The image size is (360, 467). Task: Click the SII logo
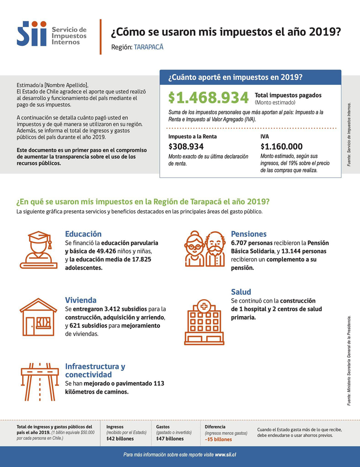[32, 33]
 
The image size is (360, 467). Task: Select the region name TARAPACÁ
[148, 47]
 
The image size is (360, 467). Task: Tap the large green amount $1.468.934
[208, 98]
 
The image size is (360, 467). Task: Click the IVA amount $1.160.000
[281, 147]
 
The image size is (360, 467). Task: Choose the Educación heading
[83, 234]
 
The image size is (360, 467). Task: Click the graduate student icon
[39, 250]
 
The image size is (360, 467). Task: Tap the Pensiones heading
[248, 234]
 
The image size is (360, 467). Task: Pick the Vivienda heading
[80, 300]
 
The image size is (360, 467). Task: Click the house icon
[38, 317]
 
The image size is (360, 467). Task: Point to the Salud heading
[241, 292]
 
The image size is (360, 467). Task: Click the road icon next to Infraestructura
[38, 381]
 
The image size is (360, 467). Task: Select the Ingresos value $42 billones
[120, 439]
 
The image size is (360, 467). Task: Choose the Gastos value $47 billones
[169, 439]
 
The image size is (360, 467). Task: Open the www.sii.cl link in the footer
[225, 455]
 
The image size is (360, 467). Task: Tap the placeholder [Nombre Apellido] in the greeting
[64, 86]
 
